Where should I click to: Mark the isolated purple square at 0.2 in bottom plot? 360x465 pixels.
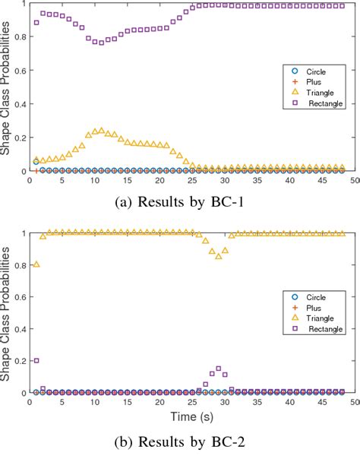(x=36, y=360)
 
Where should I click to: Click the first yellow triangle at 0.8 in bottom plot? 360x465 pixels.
(x=36, y=264)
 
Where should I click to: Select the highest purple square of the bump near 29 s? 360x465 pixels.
(x=219, y=369)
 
